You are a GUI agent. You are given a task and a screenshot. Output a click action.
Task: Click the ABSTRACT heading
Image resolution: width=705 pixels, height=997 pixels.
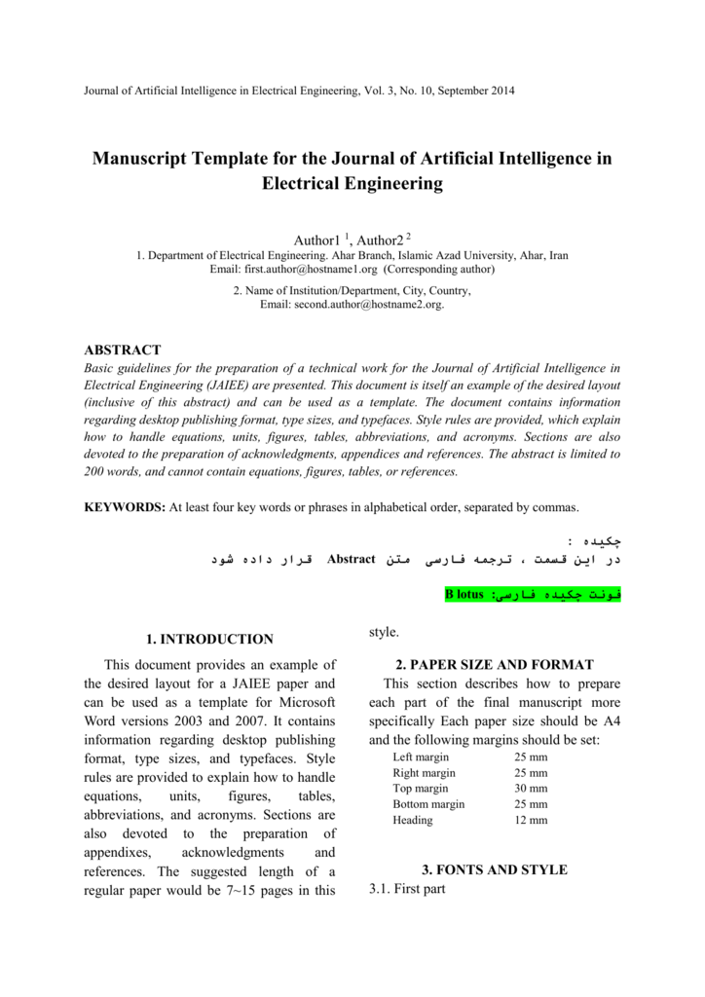click(123, 350)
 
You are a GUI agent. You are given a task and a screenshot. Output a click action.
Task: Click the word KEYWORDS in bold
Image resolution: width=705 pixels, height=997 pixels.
click(124, 507)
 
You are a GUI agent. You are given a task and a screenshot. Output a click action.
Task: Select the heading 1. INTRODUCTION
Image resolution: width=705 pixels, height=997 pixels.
click(208, 640)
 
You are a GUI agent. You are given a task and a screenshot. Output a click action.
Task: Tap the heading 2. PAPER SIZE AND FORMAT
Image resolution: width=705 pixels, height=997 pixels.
click(495, 665)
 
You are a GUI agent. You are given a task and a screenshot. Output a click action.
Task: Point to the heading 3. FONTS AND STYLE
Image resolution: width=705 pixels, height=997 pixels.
click(494, 869)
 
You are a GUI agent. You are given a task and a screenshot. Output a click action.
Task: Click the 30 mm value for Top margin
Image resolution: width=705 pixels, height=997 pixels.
click(531, 789)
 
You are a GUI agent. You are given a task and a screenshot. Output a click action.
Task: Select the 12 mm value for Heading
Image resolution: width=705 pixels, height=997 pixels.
click(531, 820)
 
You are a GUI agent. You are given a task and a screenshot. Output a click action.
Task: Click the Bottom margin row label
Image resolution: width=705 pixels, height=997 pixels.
click(428, 804)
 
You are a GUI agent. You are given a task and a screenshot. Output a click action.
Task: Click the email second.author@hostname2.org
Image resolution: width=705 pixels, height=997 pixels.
click(352, 305)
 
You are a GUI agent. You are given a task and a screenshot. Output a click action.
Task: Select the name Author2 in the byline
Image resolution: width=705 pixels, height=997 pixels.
click(380, 240)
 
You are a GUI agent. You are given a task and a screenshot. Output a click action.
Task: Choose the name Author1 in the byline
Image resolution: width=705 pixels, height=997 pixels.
click(316, 240)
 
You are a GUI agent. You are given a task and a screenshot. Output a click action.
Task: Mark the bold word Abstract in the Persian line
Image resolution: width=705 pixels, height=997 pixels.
click(352, 560)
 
